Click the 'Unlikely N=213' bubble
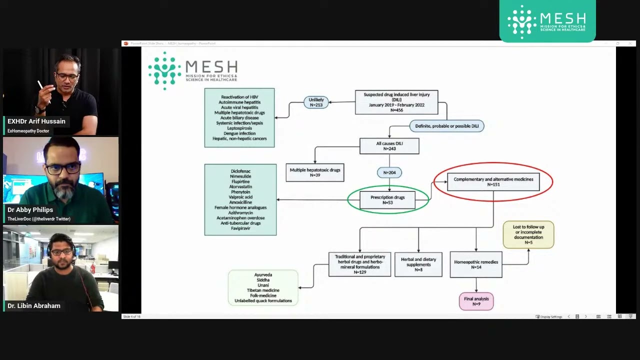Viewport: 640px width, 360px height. [316, 102]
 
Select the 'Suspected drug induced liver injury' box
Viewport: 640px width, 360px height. [396, 102]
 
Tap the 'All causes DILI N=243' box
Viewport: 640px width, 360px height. [389, 146]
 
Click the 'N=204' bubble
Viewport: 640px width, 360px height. [389, 172]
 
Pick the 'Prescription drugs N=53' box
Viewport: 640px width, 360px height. [388, 200]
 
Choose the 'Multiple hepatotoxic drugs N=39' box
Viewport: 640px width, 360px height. [315, 172]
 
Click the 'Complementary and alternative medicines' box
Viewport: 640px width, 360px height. [493, 181]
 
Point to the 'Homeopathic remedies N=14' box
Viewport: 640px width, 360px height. [476, 264]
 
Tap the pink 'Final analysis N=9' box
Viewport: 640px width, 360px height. [476, 301]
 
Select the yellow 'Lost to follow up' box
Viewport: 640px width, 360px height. [528, 234]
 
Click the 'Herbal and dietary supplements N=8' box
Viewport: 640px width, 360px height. [418, 264]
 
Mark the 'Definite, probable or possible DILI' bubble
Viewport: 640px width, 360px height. [447, 126]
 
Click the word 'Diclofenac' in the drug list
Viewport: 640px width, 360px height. [240, 171]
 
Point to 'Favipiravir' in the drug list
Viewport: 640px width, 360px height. [240, 228]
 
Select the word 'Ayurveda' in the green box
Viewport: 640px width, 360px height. [263, 275]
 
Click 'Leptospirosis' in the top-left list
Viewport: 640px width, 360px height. [239, 128]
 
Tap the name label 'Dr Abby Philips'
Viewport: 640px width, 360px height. [30, 210]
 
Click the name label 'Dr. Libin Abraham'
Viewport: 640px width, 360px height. [34, 306]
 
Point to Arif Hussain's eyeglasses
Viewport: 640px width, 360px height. [67, 77]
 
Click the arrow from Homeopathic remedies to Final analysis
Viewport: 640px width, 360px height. [476, 285]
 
